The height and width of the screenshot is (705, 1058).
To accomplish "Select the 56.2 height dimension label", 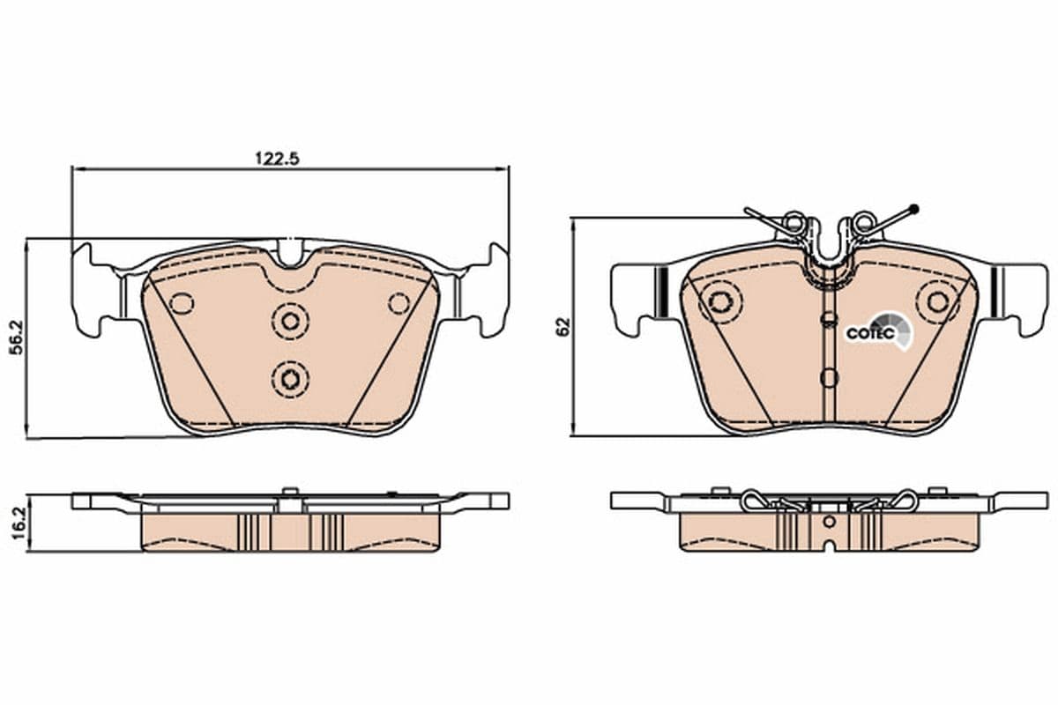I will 14,338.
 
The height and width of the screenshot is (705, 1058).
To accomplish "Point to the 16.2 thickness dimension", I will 14,523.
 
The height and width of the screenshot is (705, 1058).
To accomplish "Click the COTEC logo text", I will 870,334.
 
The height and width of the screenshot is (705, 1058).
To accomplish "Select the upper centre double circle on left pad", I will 289,320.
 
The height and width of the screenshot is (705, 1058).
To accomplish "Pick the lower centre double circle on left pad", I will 289,379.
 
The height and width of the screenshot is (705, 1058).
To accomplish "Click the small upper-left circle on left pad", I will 182,303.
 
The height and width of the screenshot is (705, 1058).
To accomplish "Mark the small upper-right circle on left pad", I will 399,303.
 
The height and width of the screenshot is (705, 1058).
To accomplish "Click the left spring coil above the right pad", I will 793,223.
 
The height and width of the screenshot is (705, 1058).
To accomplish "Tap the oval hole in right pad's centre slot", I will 828,377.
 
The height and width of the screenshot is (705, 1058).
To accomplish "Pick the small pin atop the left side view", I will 288,492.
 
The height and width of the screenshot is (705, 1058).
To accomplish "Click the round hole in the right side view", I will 829,522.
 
